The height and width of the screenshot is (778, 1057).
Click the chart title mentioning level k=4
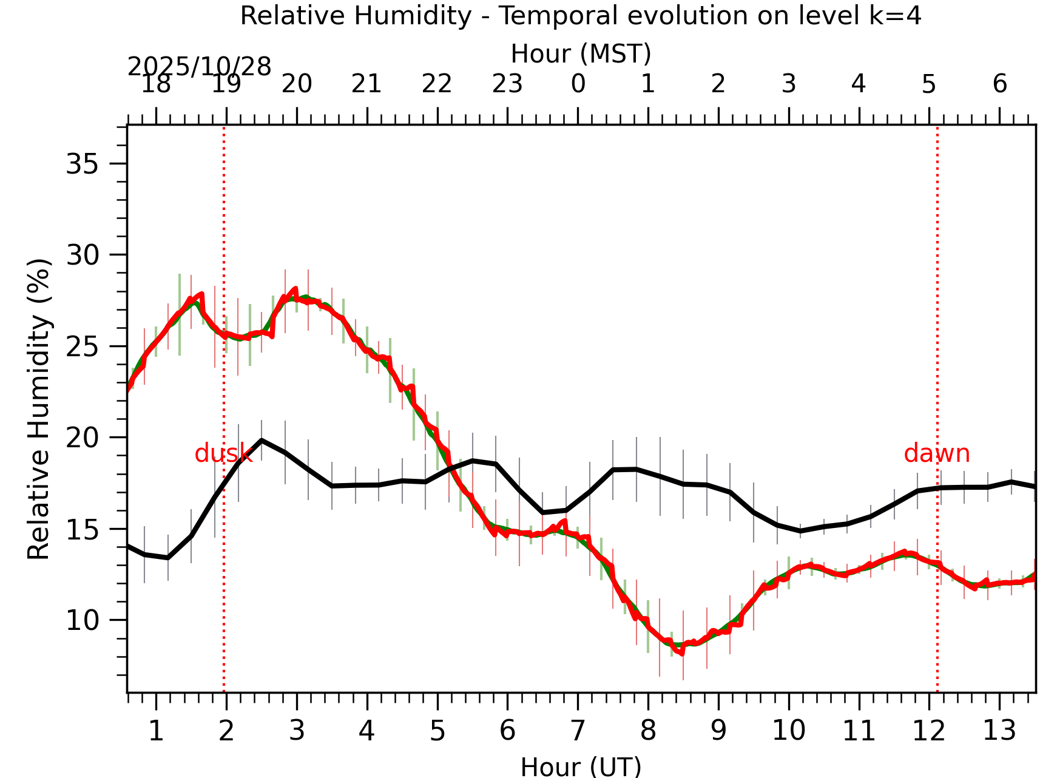click(x=581, y=16)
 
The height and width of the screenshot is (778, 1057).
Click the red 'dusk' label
click(x=223, y=453)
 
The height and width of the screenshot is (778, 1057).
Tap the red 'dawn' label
click(x=936, y=453)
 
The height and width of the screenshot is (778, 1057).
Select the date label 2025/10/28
click(x=199, y=67)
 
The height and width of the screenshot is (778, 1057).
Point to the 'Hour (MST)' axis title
click(x=581, y=54)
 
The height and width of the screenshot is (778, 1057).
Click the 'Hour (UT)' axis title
click(x=581, y=766)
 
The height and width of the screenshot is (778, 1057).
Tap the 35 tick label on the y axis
click(x=83, y=164)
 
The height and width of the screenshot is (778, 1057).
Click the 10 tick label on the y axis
click(x=83, y=620)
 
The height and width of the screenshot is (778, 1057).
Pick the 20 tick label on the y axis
click(x=83, y=438)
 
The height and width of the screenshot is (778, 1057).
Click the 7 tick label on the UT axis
click(x=578, y=731)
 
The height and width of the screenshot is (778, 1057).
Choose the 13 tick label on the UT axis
click(x=999, y=731)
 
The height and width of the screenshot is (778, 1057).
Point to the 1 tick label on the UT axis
click(x=156, y=731)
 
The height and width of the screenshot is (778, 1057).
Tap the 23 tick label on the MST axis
click(x=507, y=84)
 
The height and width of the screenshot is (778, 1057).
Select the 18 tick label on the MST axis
click(x=156, y=84)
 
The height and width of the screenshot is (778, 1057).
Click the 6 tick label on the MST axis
click(x=999, y=84)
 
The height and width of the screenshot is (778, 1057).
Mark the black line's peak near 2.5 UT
click(x=262, y=440)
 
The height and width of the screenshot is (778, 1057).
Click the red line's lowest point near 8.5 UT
click(x=682, y=654)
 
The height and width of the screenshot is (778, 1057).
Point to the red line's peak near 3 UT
click(x=295, y=289)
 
